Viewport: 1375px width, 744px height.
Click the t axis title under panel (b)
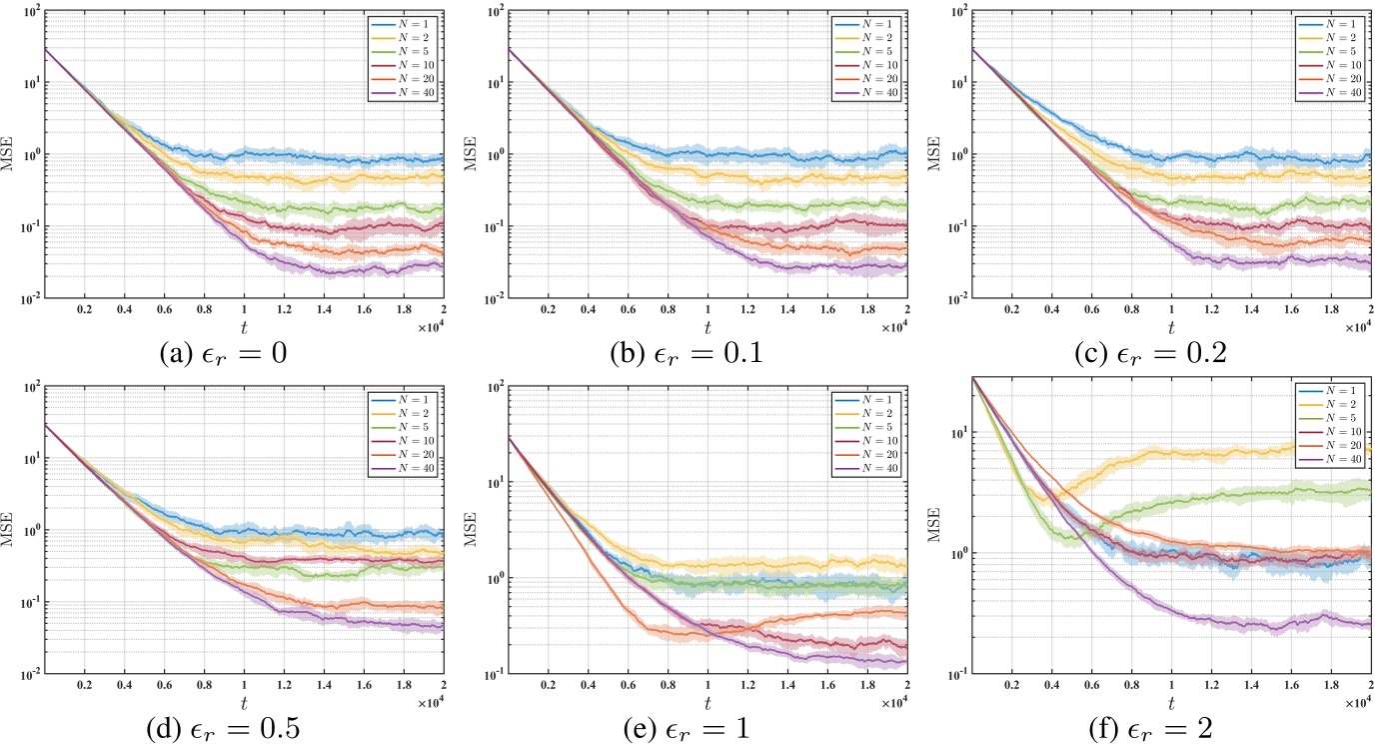[707, 326]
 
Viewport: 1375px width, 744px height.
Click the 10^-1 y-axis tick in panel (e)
[489, 673]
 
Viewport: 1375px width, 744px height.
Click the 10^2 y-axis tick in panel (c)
[950, 11]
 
